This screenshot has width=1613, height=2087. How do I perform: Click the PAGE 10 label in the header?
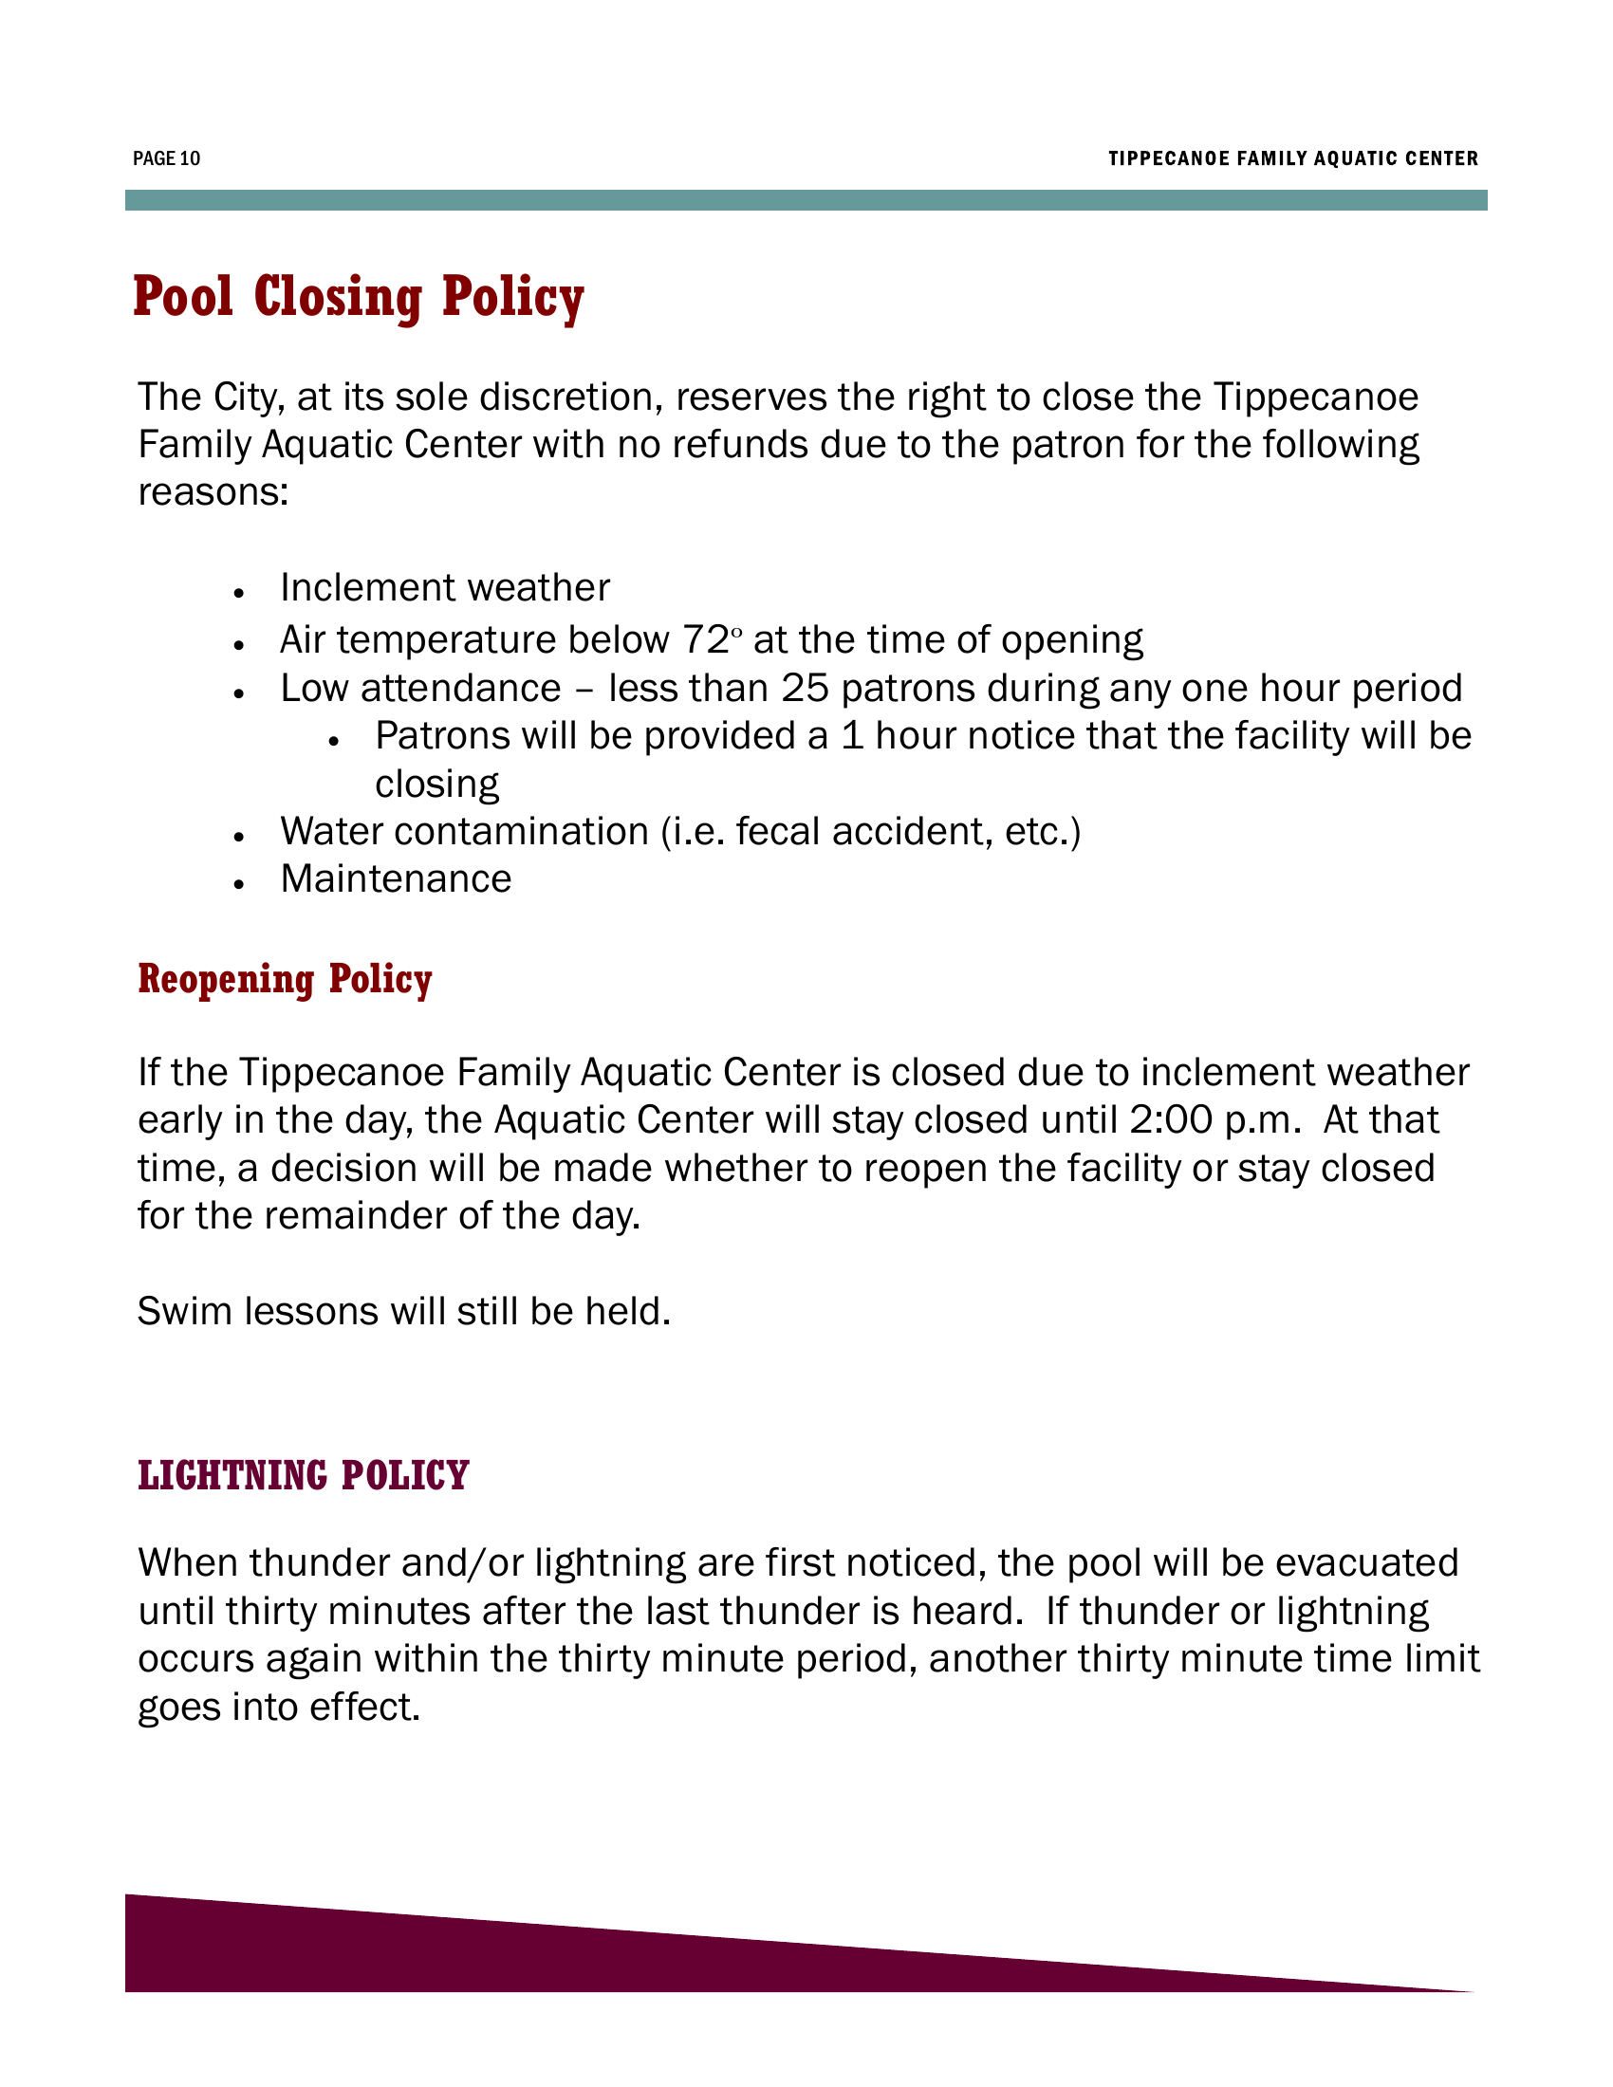[x=166, y=158]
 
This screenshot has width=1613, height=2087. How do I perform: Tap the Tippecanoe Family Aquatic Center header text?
[x=1293, y=158]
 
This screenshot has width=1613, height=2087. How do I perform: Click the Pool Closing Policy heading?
[x=359, y=297]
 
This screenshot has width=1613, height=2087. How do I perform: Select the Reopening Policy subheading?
[x=285, y=981]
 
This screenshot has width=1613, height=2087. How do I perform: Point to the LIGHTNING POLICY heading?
[x=303, y=1475]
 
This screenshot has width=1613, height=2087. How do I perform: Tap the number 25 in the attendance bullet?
[x=805, y=688]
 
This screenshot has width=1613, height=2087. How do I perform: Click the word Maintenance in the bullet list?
[x=396, y=879]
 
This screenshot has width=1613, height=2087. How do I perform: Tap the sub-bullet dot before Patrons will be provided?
[x=333, y=742]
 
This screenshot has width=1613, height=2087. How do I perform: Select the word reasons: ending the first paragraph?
[x=213, y=493]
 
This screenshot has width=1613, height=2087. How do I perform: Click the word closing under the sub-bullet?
[x=436, y=785]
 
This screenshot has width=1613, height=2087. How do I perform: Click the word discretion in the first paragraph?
[x=570, y=397]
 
